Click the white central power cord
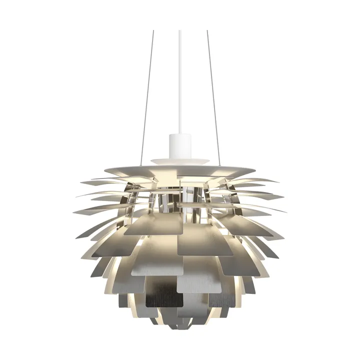click(x=179, y=80)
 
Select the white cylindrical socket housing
click(x=179, y=144)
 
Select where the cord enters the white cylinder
click(x=179, y=134)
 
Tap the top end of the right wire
click(x=207, y=31)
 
